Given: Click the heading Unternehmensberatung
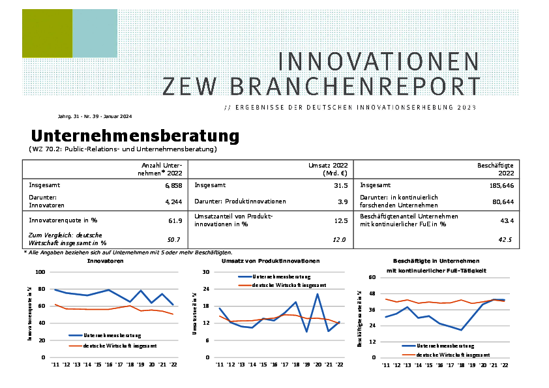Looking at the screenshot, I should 135,136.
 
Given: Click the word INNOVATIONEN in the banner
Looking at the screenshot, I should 378,61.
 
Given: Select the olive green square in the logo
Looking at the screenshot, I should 47,33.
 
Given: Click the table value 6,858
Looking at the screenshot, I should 173,186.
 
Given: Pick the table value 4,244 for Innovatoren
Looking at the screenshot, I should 173,201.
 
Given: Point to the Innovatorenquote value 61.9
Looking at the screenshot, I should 175,221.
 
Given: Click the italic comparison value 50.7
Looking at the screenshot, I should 174,240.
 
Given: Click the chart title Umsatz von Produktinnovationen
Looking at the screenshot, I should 271,261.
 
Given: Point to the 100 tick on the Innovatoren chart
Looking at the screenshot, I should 40,272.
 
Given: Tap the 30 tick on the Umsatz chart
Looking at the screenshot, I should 206,272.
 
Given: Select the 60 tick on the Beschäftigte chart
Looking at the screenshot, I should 373,277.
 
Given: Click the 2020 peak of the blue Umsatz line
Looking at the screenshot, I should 317,294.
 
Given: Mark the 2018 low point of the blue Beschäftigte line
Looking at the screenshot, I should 461,330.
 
